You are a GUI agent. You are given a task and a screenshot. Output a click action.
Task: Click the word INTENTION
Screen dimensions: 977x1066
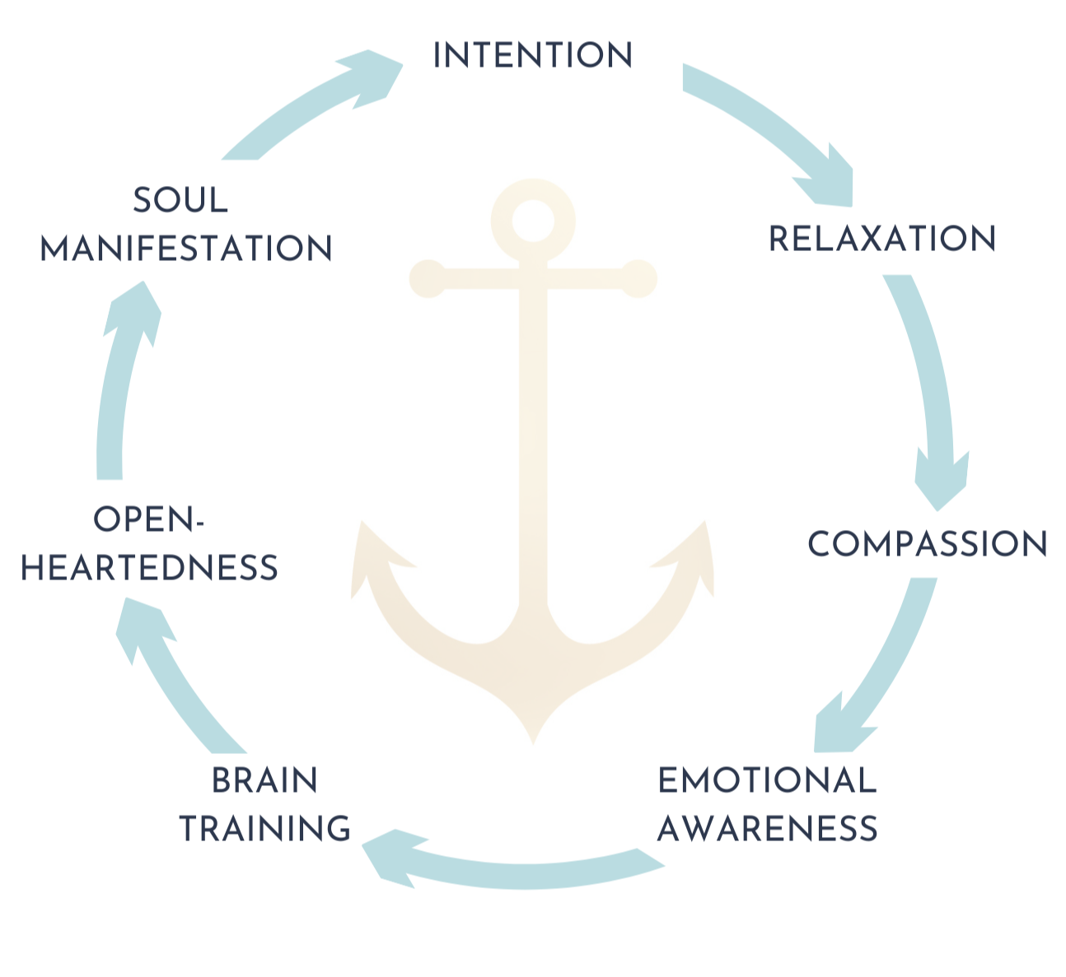click(532, 55)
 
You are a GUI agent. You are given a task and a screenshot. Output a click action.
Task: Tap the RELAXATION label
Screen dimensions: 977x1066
click(881, 239)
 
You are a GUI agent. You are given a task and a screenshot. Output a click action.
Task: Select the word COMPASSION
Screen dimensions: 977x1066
click(927, 544)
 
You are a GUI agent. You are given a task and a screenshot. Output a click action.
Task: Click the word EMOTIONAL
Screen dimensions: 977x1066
click(766, 780)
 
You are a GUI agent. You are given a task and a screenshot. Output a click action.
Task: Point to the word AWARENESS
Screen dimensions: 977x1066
click(767, 829)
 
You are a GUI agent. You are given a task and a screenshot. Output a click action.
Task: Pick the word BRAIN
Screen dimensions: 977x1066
click(264, 780)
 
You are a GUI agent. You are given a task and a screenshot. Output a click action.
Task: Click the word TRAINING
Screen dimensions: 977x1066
click(265, 829)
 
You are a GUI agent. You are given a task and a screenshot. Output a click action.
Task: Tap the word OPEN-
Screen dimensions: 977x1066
click(148, 520)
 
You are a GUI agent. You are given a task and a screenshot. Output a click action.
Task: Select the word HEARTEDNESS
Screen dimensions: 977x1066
click(149, 568)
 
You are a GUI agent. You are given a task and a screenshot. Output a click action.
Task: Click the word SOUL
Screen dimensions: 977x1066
click(180, 200)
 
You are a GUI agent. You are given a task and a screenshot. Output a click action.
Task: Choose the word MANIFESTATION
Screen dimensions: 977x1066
click(186, 249)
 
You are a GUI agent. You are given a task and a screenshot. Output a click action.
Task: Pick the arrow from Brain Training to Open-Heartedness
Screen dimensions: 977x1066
click(173, 675)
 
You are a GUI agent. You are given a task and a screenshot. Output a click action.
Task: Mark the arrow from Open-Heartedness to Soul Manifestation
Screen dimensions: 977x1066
click(119, 379)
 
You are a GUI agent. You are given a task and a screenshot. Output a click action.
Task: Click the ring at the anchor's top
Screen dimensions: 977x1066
click(532, 219)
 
